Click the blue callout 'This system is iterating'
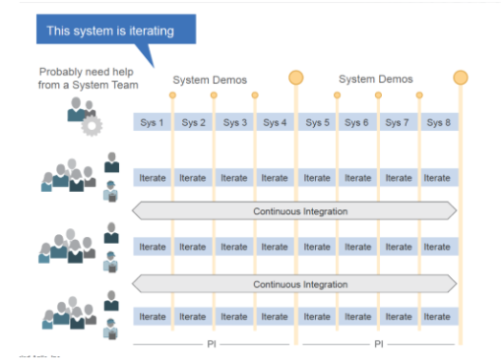(110, 30)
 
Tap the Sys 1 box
(153, 122)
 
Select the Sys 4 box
(275, 122)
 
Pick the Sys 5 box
(317, 122)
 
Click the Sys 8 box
(438, 122)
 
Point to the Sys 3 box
(234, 122)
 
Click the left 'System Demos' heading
(210, 80)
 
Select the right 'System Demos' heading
(375, 79)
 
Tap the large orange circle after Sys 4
(295, 78)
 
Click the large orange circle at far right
(460, 78)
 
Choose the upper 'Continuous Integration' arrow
(295, 210)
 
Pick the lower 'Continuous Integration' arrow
(295, 284)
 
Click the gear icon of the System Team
(92, 126)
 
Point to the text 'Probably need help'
(84, 72)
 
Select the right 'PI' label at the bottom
(378, 344)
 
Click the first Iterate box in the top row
(153, 178)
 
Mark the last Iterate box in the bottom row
(438, 317)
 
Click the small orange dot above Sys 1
(172, 95)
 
